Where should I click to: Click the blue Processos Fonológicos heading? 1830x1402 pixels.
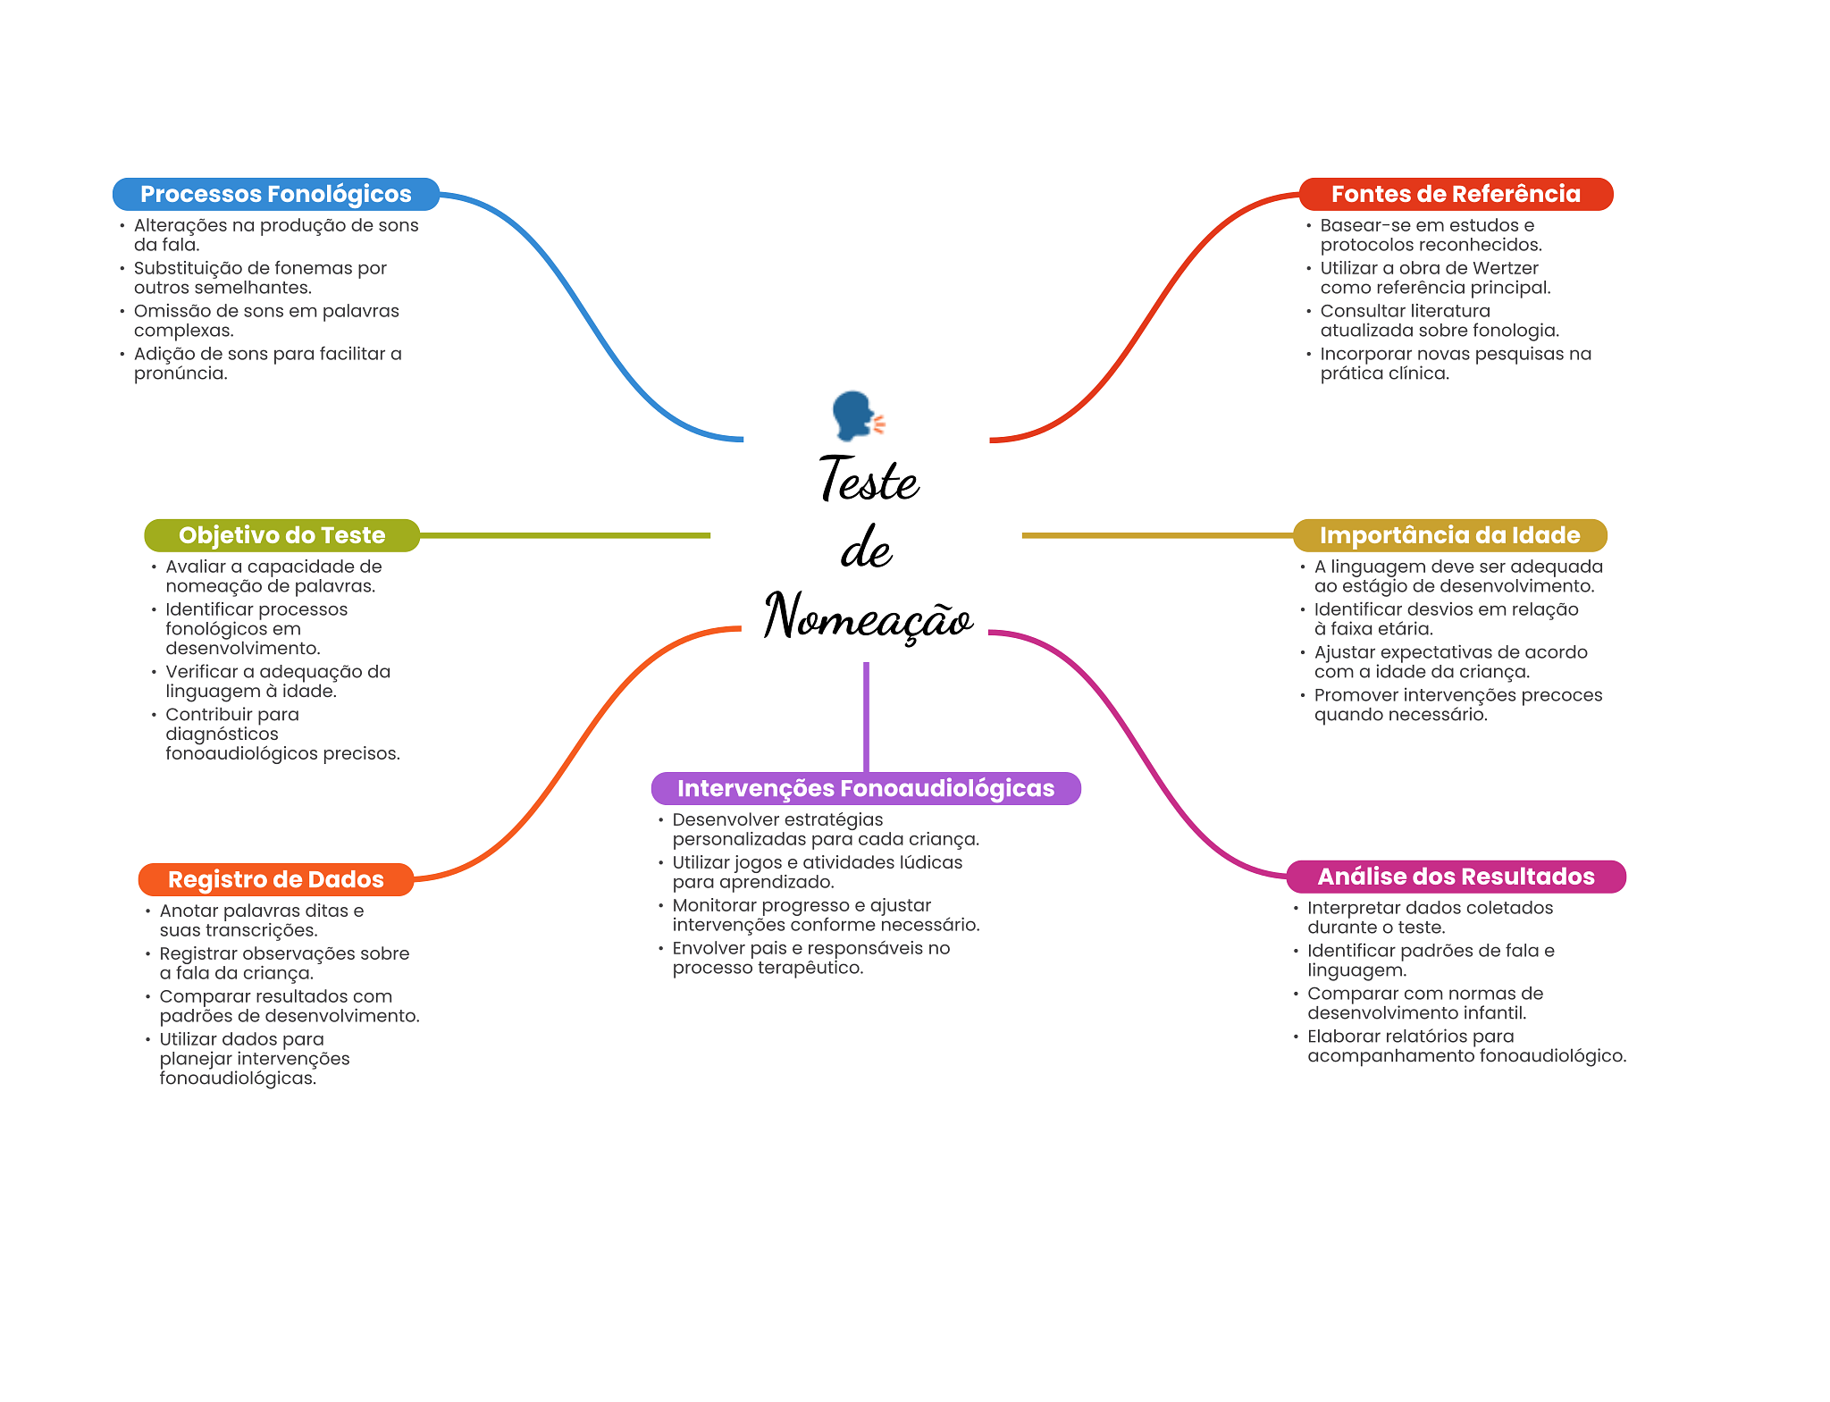point(275,194)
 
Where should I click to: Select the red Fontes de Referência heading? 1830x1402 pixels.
point(1456,194)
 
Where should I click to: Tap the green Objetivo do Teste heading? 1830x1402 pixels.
point(281,535)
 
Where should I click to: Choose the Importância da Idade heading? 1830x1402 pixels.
point(1449,535)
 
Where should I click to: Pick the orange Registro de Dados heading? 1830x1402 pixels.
point(275,879)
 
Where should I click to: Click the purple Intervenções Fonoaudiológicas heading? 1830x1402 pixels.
point(865,788)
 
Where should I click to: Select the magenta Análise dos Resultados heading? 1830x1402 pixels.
point(1456,877)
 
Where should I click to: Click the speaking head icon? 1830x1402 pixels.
point(856,416)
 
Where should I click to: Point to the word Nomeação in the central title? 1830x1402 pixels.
point(868,617)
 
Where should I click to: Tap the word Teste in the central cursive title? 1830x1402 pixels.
point(869,480)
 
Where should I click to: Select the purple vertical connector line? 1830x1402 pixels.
point(866,715)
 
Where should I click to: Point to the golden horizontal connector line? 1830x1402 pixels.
point(1157,535)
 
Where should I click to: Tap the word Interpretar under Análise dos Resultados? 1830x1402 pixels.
point(1350,908)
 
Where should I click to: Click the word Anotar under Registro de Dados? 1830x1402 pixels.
point(188,911)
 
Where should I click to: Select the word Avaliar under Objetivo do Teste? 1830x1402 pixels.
point(195,567)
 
